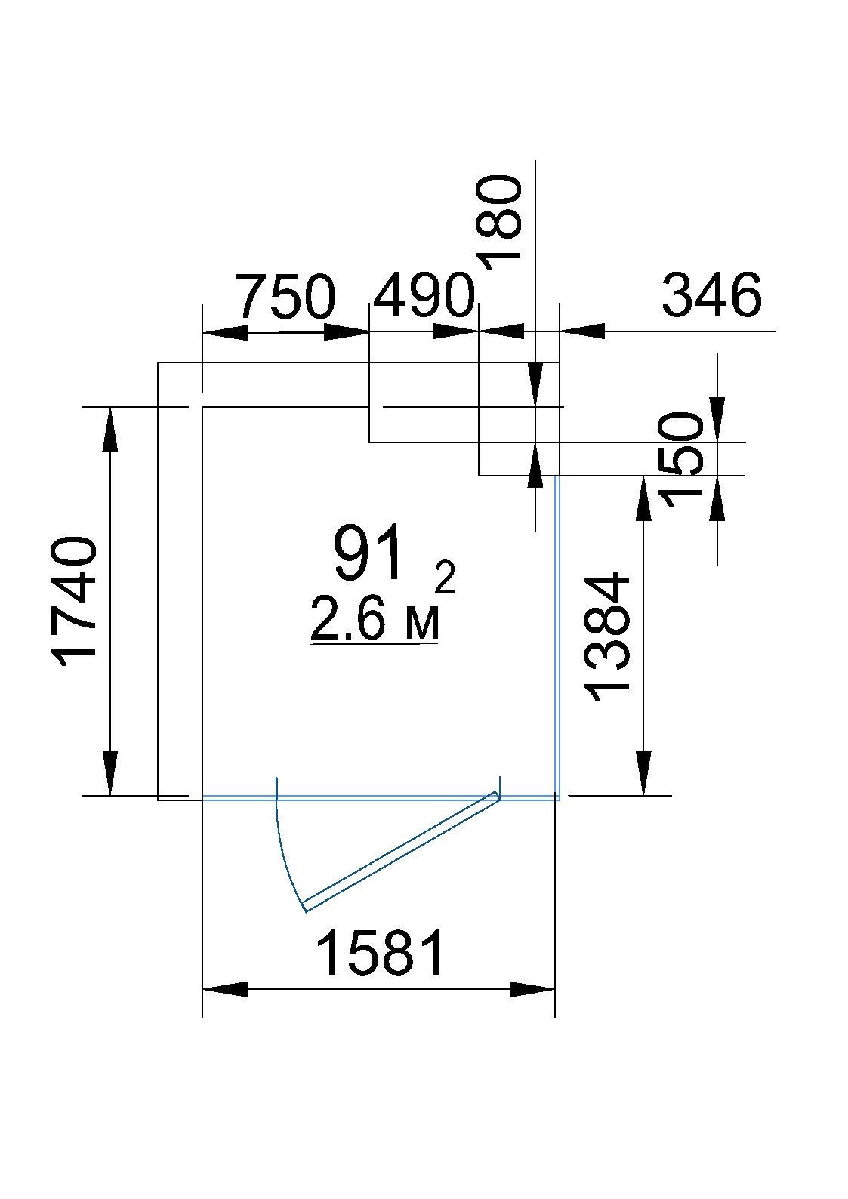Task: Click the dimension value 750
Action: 287,295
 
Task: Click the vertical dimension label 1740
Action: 73,603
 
